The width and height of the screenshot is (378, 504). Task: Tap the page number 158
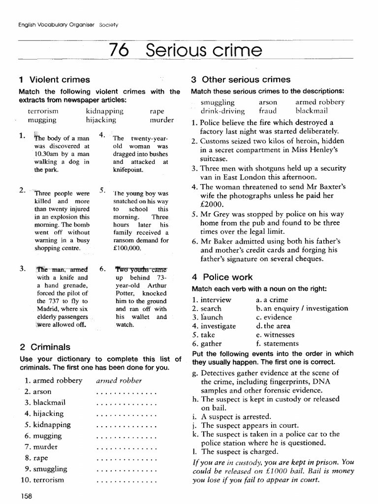tap(26, 496)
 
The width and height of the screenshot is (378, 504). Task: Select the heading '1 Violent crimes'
tap(54, 79)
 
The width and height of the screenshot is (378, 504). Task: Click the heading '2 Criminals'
tap(44, 346)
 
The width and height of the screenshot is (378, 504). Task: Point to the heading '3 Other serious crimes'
tap(241, 79)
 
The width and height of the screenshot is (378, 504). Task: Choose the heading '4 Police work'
tap(221, 277)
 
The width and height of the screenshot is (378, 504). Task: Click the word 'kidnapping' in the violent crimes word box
tap(104, 111)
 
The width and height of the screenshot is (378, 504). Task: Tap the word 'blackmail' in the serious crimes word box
tap(311, 111)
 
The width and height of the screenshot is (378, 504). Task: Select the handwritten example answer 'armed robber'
tap(119, 380)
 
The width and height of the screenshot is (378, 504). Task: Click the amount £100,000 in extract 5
tap(127, 249)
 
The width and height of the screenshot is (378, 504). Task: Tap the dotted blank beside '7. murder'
tap(126, 447)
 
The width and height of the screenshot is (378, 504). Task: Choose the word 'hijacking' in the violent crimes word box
tap(101, 120)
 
